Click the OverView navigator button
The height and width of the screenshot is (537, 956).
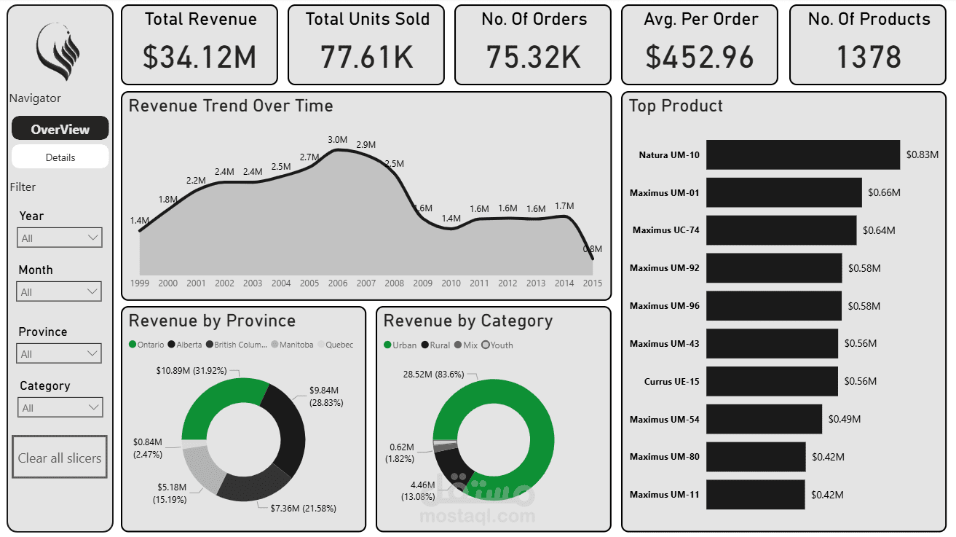60,129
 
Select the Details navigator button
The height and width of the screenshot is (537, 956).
60,157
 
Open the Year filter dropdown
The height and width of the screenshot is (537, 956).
59,238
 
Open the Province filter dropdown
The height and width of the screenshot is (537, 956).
59,353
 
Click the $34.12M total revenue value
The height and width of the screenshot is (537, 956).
200,58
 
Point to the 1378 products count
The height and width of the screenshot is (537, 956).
869,58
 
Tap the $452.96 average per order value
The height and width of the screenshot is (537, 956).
700,58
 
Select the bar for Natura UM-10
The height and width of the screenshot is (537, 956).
802,154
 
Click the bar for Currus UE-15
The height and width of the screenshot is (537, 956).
772,381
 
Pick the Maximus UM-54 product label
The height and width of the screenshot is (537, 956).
664,419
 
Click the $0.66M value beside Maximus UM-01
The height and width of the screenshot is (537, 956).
884,193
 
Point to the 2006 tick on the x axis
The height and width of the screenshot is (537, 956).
338,283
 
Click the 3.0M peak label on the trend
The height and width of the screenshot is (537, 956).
337,140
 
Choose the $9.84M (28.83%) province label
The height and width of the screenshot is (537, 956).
325,396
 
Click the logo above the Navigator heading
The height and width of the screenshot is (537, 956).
58,51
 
